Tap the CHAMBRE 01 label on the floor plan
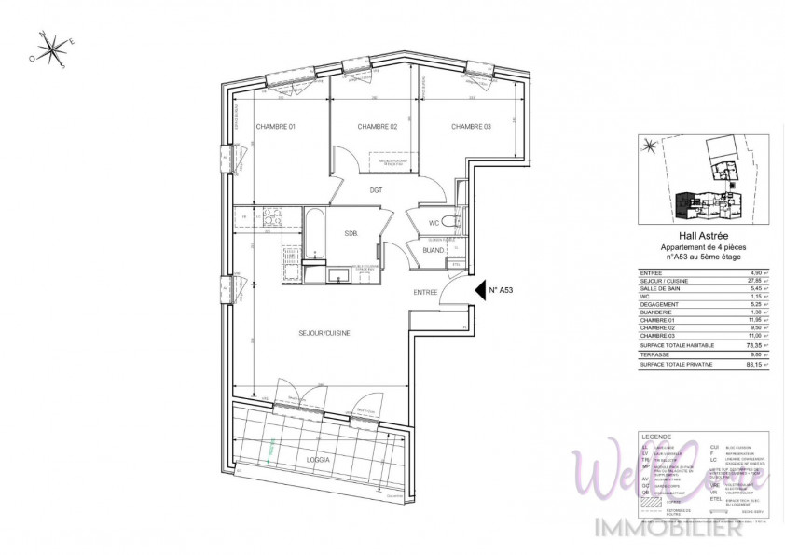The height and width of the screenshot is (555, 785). [x=275, y=127]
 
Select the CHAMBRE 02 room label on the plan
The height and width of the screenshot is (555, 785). [x=378, y=127]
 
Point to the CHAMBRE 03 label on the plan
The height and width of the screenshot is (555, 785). [x=471, y=127]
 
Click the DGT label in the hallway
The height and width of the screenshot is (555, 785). [x=376, y=190]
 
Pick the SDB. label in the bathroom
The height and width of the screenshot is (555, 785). [x=351, y=233]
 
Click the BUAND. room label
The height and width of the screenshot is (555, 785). [x=433, y=250]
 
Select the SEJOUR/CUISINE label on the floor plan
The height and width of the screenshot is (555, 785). [x=324, y=333]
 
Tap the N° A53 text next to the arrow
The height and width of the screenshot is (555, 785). [x=502, y=290]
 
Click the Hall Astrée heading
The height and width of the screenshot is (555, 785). [x=691, y=238]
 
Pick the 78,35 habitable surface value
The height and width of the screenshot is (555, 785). [x=740, y=344]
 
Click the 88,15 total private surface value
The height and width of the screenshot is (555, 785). [x=740, y=364]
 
